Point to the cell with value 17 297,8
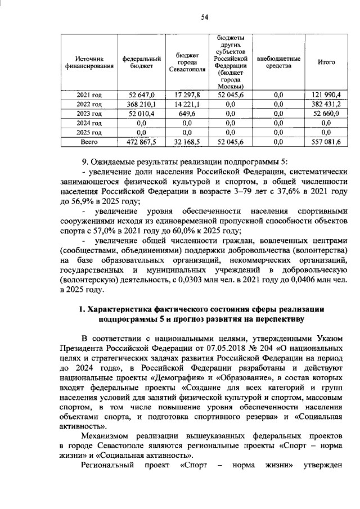[183, 94]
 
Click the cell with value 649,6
[183, 114]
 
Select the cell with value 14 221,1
[183, 104]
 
